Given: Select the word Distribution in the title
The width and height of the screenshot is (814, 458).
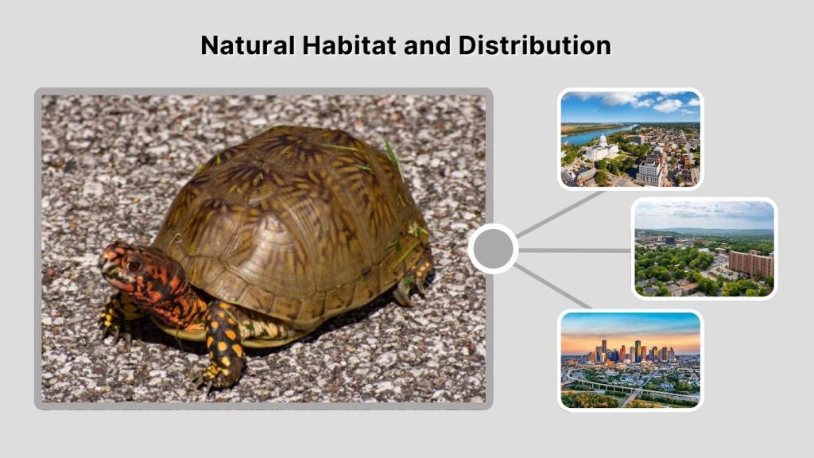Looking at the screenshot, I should click(534, 45).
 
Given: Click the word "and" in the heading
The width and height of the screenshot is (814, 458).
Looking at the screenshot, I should click(428, 45).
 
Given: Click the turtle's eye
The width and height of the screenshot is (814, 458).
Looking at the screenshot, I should click(132, 262).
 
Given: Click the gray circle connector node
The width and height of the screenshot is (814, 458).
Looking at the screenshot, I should click(493, 249).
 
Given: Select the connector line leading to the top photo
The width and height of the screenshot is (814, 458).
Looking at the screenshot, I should click(560, 212).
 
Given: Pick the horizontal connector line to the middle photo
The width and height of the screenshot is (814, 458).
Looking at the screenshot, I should click(574, 250).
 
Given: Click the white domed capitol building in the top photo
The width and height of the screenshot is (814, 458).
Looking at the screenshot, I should click(602, 148).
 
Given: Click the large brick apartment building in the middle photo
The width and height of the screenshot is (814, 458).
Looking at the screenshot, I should click(750, 263).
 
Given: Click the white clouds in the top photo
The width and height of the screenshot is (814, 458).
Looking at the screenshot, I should click(644, 101).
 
